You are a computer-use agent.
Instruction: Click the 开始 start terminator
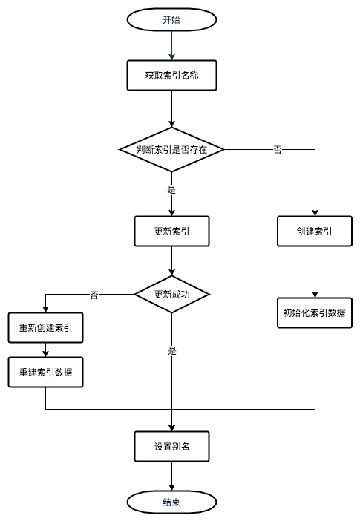click(x=171, y=20)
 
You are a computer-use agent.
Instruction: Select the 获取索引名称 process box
click(x=171, y=75)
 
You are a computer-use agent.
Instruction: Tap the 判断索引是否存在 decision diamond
click(x=171, y=149)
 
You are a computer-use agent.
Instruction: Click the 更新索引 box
click(x=171, y=231)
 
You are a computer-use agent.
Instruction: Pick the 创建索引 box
click(x=315, y=231)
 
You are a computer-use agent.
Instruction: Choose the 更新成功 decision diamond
click(x=171, y=295)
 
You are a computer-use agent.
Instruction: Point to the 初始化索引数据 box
click(x=315, y=312)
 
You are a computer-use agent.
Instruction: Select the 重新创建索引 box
click(x=46, y=327)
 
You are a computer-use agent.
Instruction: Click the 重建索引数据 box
click(x=46, y=372)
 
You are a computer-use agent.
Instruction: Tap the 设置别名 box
click(x=171, y=446)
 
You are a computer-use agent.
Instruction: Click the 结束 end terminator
click(x=171, y=502)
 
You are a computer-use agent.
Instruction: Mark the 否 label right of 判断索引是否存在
click(x=278, y=150)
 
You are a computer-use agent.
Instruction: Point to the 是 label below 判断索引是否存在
click(x=171, y=190)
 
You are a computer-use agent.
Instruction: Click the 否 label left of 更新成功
click(x=94, y=295)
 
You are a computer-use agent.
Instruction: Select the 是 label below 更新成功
click(x=171, y=351)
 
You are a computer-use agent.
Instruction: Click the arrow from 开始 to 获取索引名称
click(x=171, y=46)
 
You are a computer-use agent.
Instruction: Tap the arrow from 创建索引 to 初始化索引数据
click(x=315, y=272)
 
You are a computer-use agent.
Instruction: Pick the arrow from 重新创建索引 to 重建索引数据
click(x=46, y=350)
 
